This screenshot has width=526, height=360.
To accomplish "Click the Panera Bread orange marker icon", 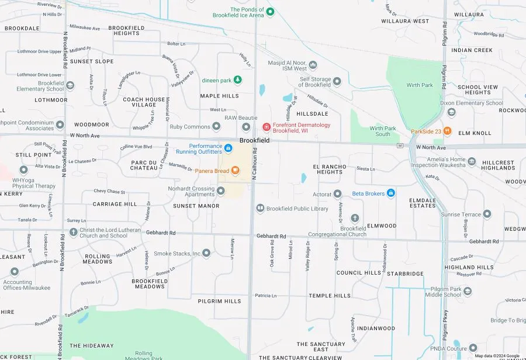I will (x=236, y=171).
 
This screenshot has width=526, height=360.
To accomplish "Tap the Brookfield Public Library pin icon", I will (x=260, y=208).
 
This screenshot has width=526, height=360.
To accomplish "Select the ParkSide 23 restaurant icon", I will (x=448, y=130).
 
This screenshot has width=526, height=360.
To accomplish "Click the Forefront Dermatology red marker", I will (x=267, y=127).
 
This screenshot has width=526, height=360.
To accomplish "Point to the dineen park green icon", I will (x=238, y=79).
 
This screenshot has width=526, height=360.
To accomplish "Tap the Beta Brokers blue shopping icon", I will (x=391, y=193).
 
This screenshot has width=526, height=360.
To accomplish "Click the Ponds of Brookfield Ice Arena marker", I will (x=270, y=11).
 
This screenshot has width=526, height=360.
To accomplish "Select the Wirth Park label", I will (x=420, y=85).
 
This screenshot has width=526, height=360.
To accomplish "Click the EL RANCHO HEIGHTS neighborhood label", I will (x=330, y=169).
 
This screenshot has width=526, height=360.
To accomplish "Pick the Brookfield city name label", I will (x=255, y=141).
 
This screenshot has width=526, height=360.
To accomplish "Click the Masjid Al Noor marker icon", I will (x=313, y=65).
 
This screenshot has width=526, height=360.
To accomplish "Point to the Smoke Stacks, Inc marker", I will (x=206, y=253).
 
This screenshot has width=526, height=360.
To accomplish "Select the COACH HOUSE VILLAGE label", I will (x=144, y=102).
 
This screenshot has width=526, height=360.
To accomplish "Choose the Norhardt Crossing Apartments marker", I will (x=221, y=191).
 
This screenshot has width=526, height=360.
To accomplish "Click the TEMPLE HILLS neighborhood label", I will (x=330, y=296).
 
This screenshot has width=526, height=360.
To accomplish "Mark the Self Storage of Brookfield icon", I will (x=337, y=81).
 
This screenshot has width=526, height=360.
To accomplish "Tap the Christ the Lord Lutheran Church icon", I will (x=73, y=232).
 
